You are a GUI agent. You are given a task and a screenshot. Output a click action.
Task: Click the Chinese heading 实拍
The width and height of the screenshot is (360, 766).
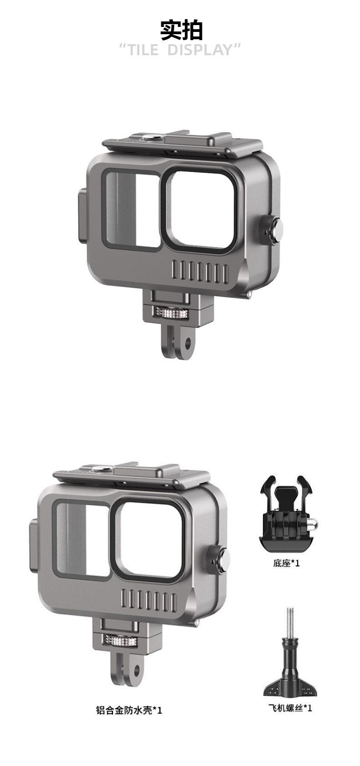(181, 30)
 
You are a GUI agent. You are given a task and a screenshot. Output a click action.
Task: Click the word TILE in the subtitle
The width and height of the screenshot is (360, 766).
(143, 50)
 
